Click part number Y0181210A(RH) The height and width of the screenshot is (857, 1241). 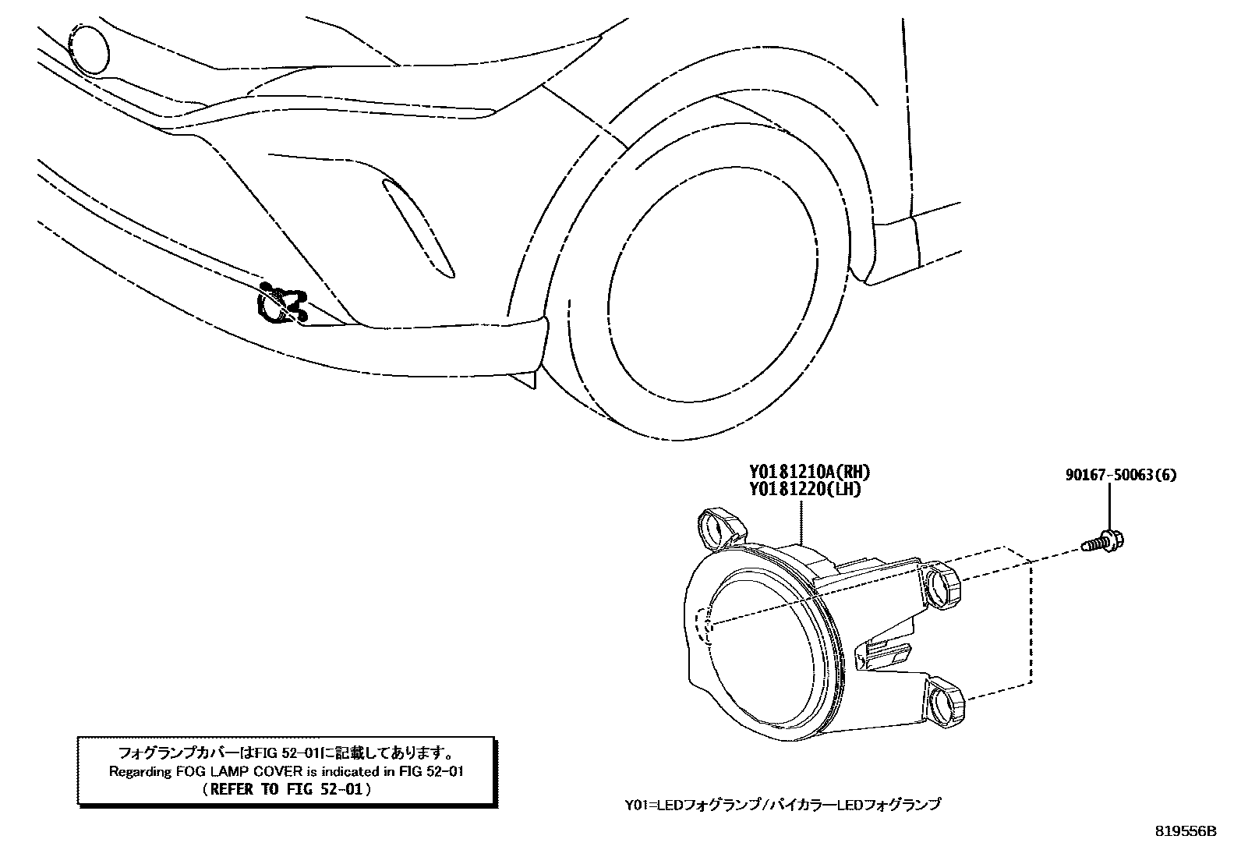tap(809, 472)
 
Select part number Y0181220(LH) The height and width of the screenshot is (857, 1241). tap(805, 490)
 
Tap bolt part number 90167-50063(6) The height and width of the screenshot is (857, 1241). tap(1121, 475)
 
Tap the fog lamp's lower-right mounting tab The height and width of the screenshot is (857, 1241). tap(946, 699)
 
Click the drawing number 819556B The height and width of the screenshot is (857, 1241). tap(1185, 831)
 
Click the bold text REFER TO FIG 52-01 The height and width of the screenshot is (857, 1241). tap(286, 788)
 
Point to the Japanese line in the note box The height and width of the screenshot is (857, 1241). tap(286, 753)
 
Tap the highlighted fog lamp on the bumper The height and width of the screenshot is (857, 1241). tap(281, 305)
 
